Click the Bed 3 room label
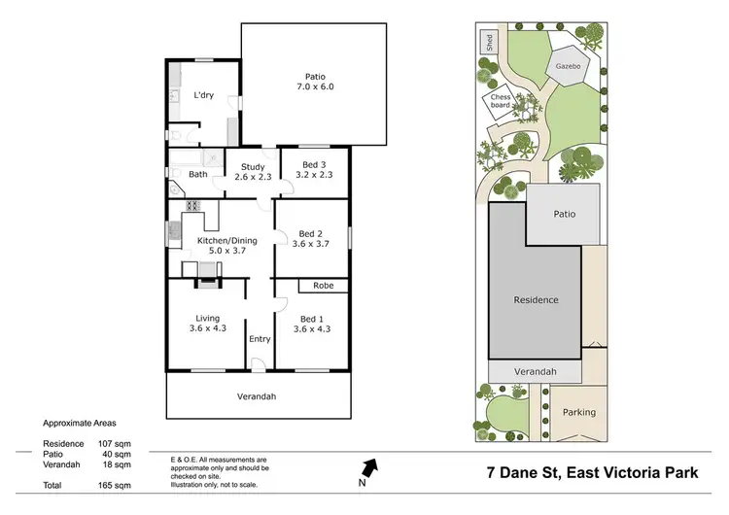(312, 169)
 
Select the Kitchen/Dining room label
(226, 245)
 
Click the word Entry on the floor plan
(260, 339)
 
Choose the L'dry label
(203, 95)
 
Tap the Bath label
(197, 175)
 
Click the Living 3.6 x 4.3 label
(207, 324)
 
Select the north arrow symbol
(369, 469)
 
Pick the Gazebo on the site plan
(568, 66)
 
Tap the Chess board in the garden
(501, 102)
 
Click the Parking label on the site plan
(578, 412)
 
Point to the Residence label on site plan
(536, 300)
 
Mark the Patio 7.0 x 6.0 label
(314, 82)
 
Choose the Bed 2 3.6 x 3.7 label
(312, 239)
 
